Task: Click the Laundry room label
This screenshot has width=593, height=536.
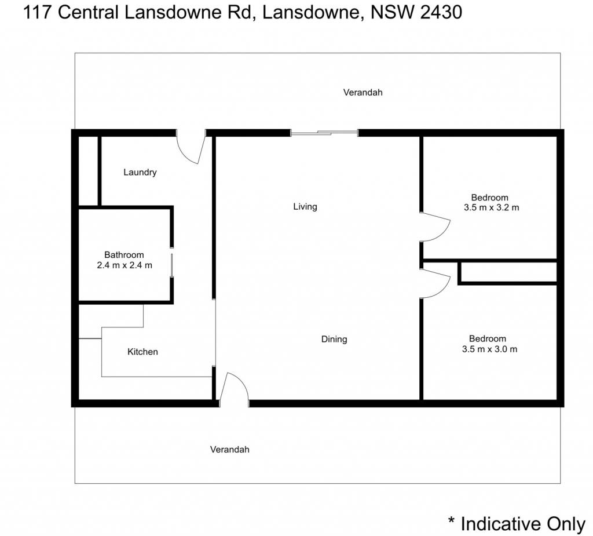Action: click(x=140, y=172)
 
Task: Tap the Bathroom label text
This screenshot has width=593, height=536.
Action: click(x=124, y=255)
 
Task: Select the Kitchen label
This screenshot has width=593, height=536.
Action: click(x=142, y=352)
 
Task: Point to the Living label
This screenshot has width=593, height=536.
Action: click(x=305, y=207)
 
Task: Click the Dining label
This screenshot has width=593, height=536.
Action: click(x=334, y=339)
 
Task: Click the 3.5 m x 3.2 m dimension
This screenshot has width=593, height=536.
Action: click(x=491, y=207)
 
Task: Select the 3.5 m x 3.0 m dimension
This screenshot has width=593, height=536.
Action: click(x=489, y=349)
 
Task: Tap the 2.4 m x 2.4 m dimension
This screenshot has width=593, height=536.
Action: click(x=125, y=265)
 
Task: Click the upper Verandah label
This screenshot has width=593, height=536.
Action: click(x=363, y=92)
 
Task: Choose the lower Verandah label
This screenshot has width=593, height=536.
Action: click(x=229, y=449)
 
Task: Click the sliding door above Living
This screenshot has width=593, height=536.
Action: click(x=324, y=133)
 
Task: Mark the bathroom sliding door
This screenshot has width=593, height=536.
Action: click(x=171, y=265)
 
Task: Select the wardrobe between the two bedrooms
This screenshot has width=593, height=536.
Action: click(x=507, y=272)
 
